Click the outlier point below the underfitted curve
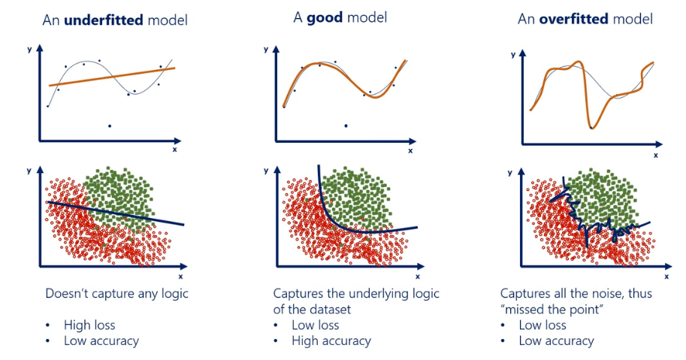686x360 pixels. (x=110, y=126)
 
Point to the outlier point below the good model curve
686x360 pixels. (x=346, y=126)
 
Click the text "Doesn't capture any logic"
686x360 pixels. (x=117, y=293)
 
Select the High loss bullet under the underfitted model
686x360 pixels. (x=89, y=325)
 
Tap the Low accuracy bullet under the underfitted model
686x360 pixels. (x=102, y=340)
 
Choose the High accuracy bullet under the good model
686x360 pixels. (x=331, y=340)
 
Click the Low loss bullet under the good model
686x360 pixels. (x=315, y=325)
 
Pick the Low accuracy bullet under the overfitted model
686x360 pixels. (x=556, y=340)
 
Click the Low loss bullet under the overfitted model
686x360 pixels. (x=542, y=325)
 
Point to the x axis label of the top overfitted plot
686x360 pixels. (x=656, y=155)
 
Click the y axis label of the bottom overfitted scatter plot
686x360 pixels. (x=511, y=172)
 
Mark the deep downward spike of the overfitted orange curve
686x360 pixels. (x=593, y=126)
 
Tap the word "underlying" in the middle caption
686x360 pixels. (x=385, y=293)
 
